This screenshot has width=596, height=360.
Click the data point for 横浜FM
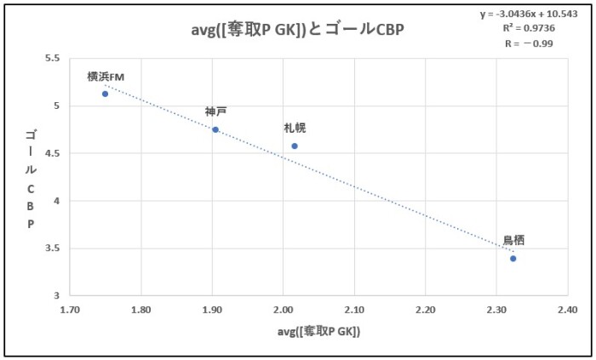pos(105,94)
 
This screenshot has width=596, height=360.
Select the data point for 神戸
pos(215,129)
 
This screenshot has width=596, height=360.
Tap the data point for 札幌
pos(295,146)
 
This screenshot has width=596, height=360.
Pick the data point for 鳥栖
pos(513,258)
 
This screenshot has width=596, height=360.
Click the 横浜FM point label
pos(106,77)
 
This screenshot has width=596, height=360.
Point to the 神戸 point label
pos(215,111)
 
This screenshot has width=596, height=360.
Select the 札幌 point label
pos(295,129)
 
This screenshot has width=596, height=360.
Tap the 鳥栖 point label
pos(513,241)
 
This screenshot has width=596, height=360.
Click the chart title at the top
pos(297,28)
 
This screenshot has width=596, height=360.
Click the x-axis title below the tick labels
pos(319,332)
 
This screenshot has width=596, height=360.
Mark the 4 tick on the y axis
pos(56,201)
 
